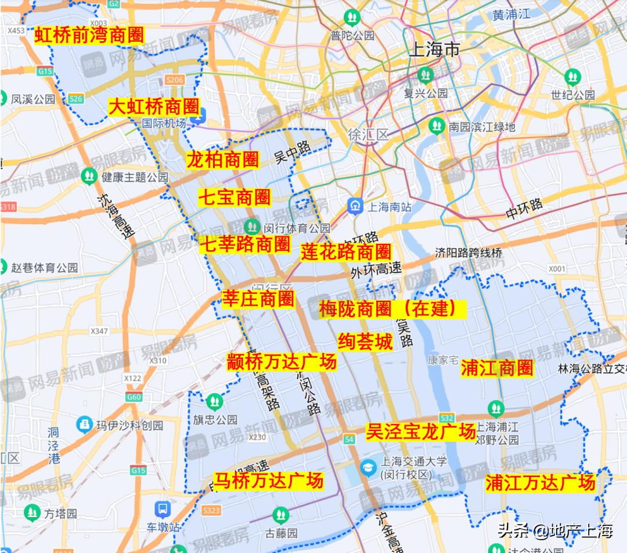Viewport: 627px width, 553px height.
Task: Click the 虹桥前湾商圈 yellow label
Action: pos(89,35)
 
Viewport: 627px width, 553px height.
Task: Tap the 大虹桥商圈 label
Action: pos(154,107)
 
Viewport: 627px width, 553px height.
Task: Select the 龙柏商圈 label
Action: pos(222,159)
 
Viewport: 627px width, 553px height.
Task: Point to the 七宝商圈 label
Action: pos(235,198)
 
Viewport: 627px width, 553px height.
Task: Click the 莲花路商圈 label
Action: pos(346,252)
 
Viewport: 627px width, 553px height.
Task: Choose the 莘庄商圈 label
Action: pos(258,299)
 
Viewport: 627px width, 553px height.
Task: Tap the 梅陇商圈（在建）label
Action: pos(392,309)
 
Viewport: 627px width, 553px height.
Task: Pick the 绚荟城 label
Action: pos(365,342)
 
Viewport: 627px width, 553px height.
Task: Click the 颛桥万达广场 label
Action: pos(282,362)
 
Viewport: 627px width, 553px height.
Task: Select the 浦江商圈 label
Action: pos(497,368)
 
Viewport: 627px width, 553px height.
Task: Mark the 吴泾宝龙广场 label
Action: pos(421,432)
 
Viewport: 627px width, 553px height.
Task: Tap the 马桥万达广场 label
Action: pos(269,481)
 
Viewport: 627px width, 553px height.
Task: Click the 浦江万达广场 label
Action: pos(540,482)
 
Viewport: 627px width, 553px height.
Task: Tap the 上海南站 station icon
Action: pos(355,205)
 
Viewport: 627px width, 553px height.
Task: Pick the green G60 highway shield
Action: pos(134,397)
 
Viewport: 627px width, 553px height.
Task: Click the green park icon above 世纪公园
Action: pos(572,76)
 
